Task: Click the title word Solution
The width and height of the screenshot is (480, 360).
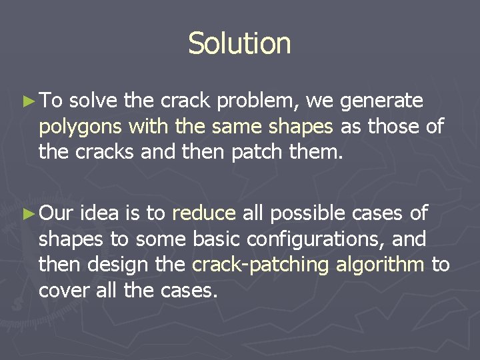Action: (x=239, y=44)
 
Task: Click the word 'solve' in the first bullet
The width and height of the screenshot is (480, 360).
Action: (x=94, y=101)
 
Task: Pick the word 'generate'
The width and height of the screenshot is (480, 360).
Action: (x=381, y=101)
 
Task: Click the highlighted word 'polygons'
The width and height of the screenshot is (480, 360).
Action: (x=81, y=127)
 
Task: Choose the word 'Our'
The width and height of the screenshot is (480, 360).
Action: (x=57, y=213)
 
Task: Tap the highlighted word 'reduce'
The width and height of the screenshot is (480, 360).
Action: (x=204, y=213)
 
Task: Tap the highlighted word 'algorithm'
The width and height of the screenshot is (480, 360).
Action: (x=380, y=265)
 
